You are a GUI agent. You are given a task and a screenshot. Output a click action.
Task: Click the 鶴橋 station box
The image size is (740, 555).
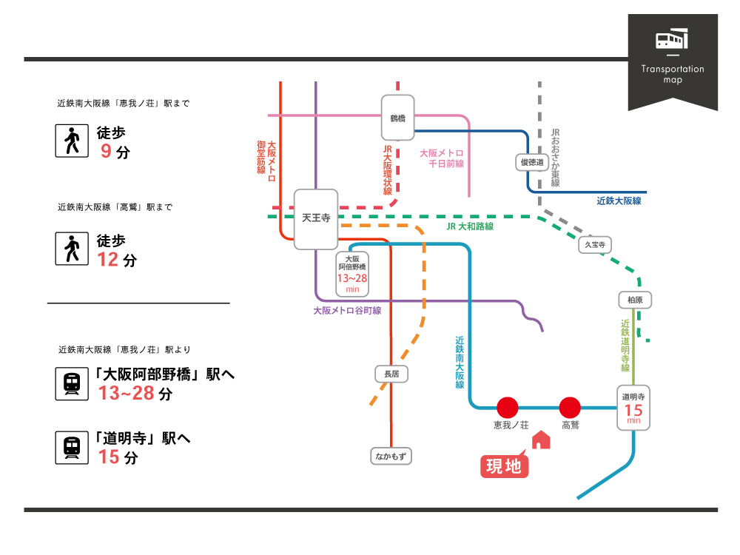point(397,118)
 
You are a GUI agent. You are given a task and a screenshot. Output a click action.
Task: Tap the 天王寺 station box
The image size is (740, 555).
point(316,219)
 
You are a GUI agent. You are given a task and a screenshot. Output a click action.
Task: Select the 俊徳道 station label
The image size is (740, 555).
point(532,162)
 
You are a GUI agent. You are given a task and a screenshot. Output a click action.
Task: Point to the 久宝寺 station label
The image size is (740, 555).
point(595,244)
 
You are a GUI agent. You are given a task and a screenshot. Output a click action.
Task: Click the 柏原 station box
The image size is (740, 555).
point(634,300)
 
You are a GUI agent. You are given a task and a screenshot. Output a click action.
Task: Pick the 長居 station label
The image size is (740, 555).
point(391,374)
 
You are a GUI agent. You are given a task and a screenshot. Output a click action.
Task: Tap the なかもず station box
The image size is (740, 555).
point(391,456)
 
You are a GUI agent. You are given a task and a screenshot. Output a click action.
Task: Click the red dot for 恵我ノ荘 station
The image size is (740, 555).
point(508,407)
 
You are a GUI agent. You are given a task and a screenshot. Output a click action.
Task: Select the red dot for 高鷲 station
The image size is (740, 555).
point(570,407)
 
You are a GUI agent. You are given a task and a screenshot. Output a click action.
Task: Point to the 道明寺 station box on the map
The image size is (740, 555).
point(633,407)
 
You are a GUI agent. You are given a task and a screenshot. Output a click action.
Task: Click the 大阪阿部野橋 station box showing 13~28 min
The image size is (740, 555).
point(352,275)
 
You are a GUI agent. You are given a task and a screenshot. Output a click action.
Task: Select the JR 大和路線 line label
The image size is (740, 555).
point(470,226)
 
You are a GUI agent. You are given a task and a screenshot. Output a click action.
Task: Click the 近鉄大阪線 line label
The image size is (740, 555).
point(619,201)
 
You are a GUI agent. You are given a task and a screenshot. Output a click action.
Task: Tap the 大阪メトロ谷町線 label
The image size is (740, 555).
point(347,311)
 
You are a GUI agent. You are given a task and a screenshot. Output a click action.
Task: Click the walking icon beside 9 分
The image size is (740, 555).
point(72,141)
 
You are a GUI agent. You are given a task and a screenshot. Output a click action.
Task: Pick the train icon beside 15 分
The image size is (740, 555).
point(72,448)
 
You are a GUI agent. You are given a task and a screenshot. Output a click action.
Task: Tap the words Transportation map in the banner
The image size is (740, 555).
point(673,74)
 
